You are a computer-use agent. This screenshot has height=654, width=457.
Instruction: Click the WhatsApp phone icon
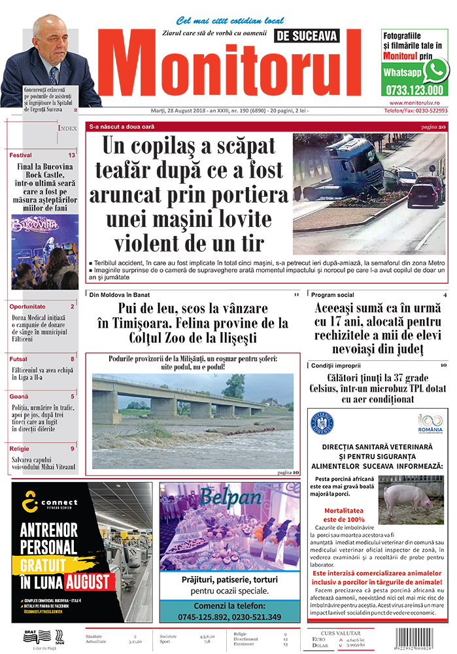(436, 69)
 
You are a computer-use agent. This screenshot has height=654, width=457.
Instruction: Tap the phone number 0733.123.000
(414, 90)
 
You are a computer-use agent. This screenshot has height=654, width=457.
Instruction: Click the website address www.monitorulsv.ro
(418, 103)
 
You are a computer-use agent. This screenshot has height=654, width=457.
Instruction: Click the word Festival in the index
(21, 155)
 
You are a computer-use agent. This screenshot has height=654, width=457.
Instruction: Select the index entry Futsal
(19, 358)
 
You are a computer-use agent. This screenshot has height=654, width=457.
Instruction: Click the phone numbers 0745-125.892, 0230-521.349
(229, 617)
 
